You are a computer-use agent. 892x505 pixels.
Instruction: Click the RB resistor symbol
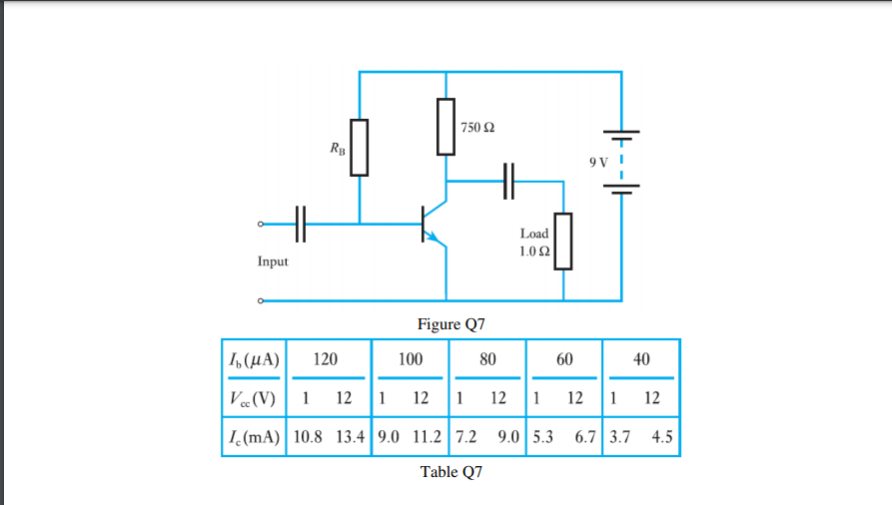[x=359, y=148]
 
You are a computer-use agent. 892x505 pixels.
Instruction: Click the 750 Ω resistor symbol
[x=446, y=127]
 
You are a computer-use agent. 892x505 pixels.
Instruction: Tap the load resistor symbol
[x=563, y=242]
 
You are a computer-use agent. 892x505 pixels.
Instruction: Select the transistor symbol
[x=432, y=225]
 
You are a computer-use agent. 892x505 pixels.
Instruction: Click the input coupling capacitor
[x=301, y=224]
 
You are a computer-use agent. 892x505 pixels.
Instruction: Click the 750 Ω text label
[x=477, y=129]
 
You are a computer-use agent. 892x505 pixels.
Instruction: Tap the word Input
[x=273, y=261]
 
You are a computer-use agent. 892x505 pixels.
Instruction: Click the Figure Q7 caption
[x=450, y=323]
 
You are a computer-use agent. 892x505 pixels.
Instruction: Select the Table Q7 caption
[x=450, y=472]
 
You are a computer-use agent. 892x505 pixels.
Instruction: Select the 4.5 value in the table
[x=662, y=436]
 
